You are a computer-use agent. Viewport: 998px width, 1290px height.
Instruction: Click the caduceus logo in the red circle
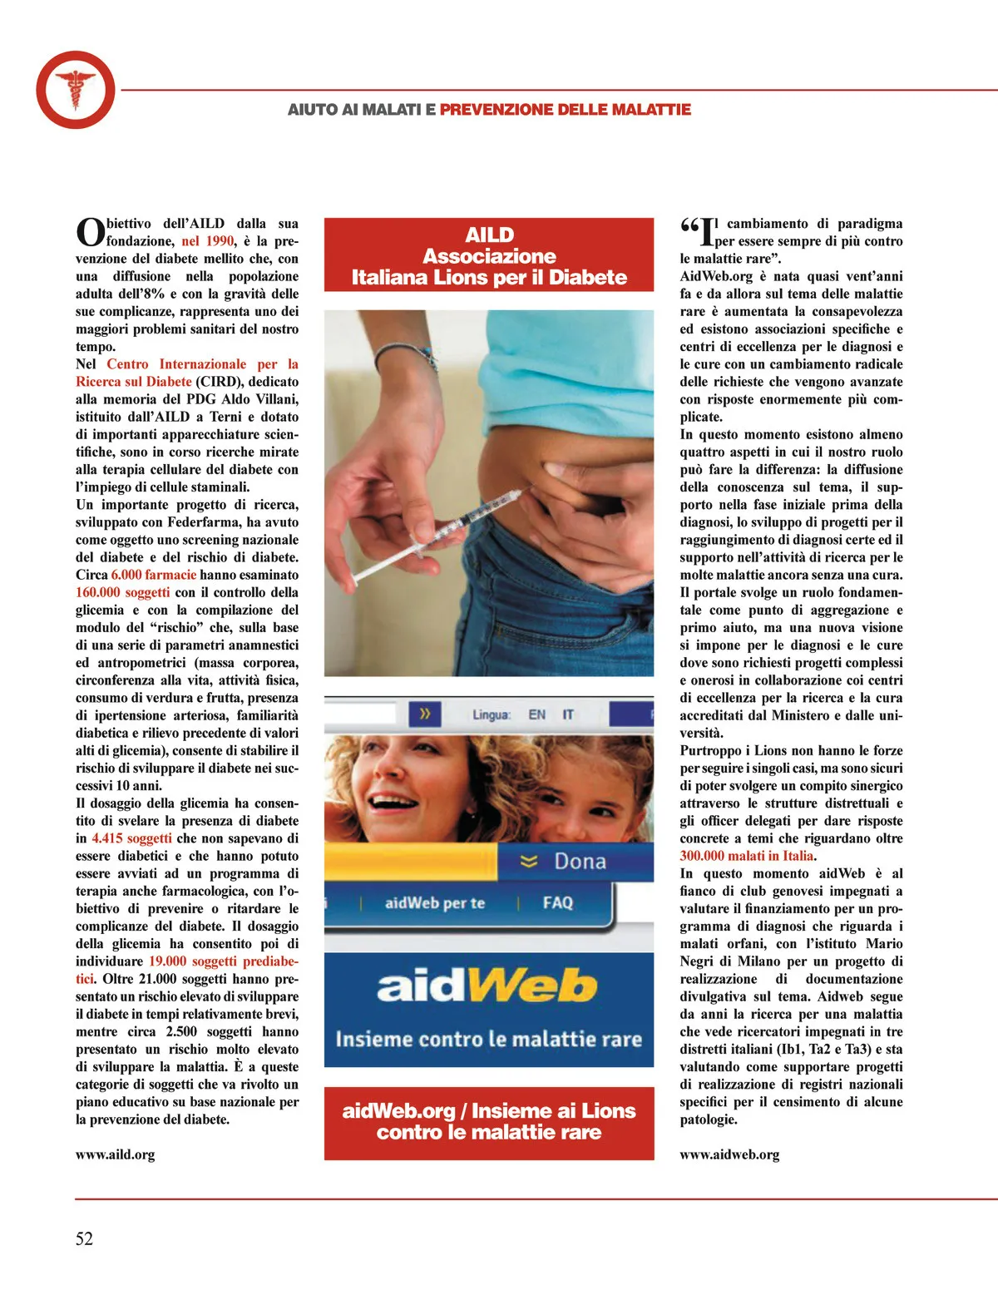[75, 89]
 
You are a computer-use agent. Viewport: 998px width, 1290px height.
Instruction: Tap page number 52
[84, 1238]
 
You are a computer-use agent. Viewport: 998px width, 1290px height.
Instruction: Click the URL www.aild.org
[115, 1154]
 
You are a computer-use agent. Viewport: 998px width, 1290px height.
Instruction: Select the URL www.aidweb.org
[729, 1154]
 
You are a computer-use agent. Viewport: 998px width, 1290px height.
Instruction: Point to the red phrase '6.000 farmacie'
[154, 575]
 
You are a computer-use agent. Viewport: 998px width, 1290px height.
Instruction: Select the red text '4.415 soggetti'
[132, 838]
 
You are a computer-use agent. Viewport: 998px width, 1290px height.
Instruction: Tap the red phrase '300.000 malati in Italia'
[747, 856]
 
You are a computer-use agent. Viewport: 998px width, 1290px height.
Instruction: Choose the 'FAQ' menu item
[557, 902]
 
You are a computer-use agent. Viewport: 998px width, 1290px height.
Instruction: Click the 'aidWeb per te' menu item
[435, 902]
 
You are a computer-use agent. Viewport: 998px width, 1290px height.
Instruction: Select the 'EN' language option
[537, 714]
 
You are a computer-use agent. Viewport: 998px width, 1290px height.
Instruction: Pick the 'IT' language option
[568, 714]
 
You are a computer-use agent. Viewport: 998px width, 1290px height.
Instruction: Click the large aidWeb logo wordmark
[487, 986]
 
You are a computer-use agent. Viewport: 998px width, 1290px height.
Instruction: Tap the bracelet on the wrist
[407, 355]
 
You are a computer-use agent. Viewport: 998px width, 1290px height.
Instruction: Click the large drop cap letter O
[90, 233]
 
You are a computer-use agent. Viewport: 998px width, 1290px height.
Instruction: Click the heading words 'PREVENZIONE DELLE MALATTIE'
[566, 110]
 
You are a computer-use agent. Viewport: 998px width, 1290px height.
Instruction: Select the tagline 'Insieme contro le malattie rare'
[488, 1039]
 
